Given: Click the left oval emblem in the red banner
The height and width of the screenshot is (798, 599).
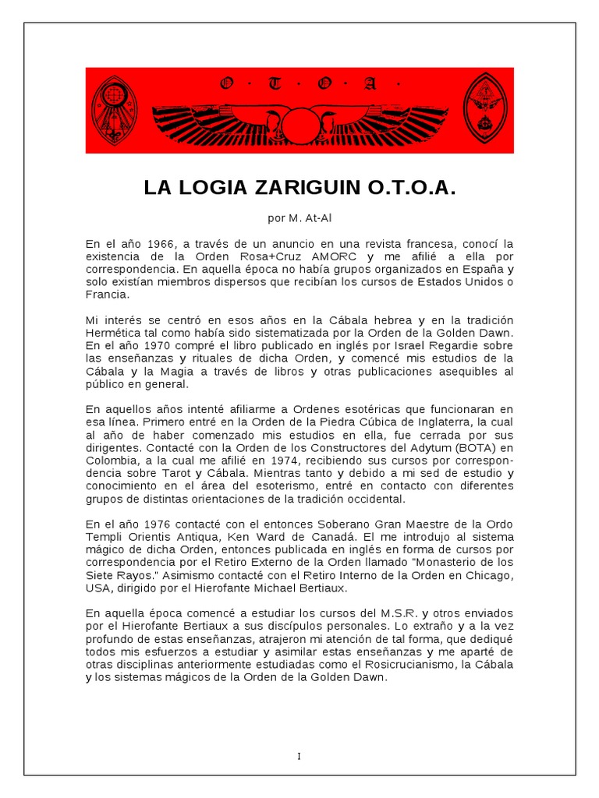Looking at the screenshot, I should tap(114, 110).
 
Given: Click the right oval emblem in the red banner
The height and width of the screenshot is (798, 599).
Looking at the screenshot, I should tap(486, 110).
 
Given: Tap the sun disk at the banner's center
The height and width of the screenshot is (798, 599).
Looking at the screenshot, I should tap(300, 124).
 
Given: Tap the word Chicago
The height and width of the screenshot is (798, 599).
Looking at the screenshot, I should tap(487, 575).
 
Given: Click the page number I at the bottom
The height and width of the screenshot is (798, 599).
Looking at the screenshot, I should tap(299, 756).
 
